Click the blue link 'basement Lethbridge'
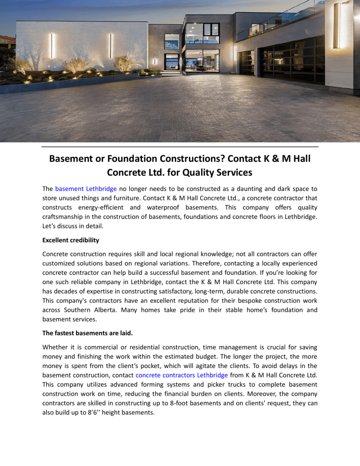[86, 189]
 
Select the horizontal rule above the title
[180, 147]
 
